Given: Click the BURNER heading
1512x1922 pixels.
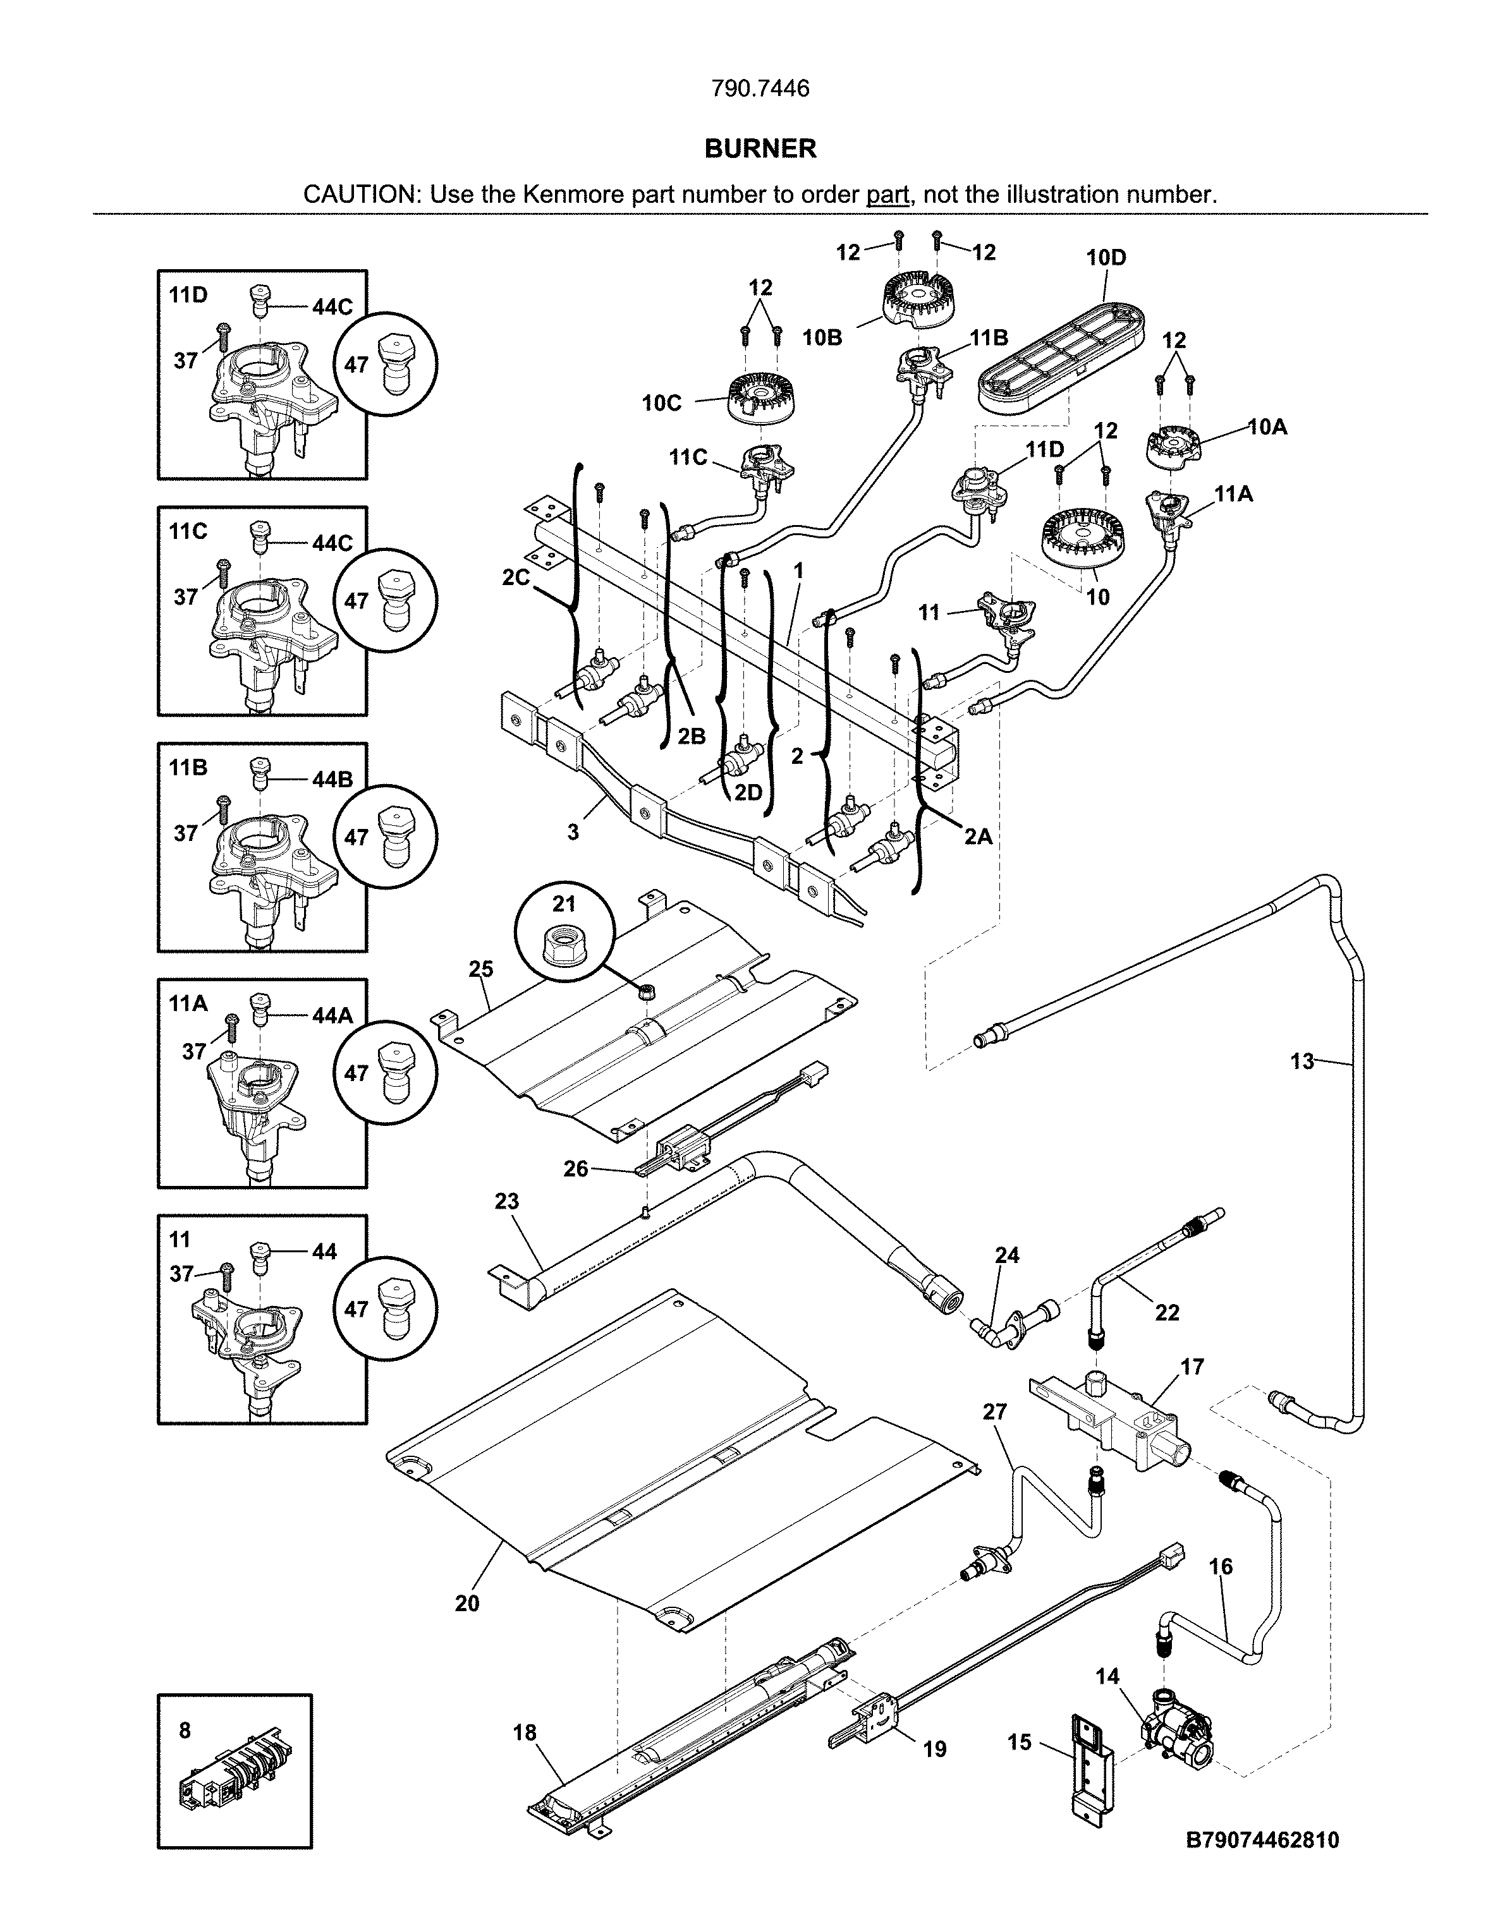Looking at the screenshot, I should [x=760, y=148].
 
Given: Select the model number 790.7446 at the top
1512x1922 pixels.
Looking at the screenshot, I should [x=760, y=88].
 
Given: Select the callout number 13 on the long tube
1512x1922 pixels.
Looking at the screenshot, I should [x=1302, y=1061].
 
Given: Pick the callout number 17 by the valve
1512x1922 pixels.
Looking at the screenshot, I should [x=1192, y=1367].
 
